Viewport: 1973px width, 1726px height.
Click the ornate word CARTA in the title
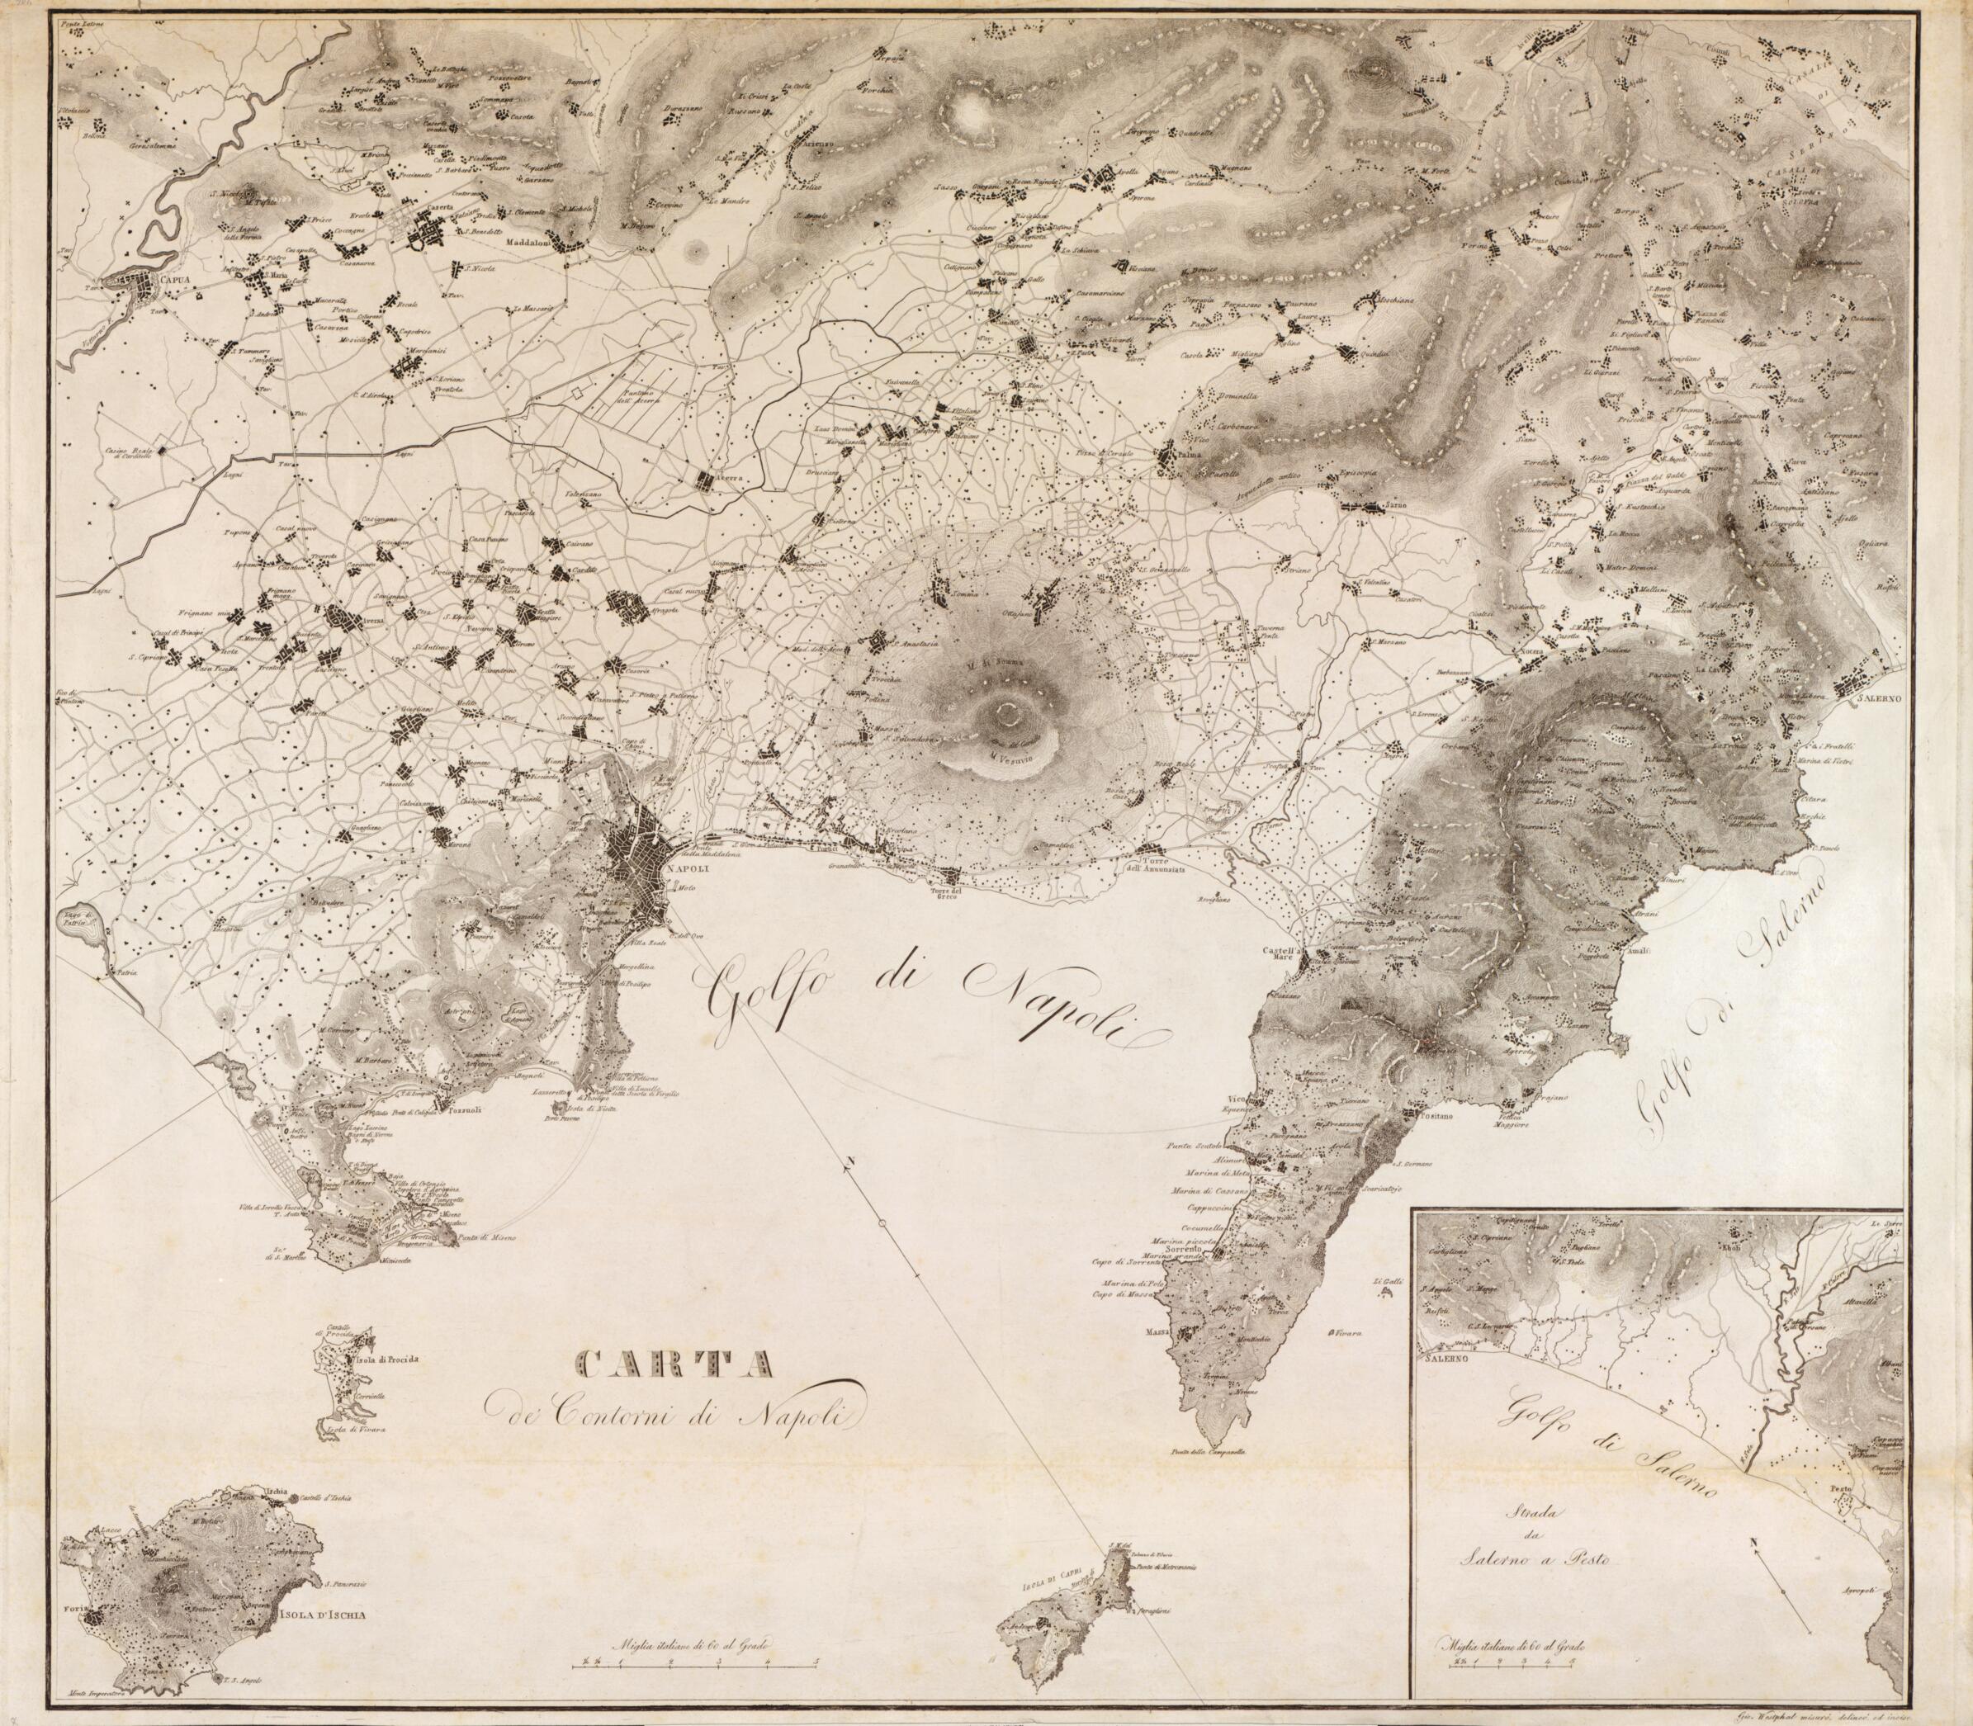point(674,1361)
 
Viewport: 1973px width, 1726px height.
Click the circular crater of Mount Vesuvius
point(1008,714)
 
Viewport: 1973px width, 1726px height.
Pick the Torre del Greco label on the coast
point(948,888)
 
